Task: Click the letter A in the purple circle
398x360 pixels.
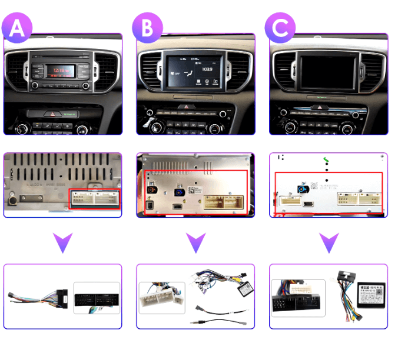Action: point(18,28)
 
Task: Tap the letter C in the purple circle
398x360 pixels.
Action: point(280,28)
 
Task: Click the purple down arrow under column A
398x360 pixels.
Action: point(62,241)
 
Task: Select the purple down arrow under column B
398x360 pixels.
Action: point(195,242)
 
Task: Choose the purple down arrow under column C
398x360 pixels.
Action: point(329,242)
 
